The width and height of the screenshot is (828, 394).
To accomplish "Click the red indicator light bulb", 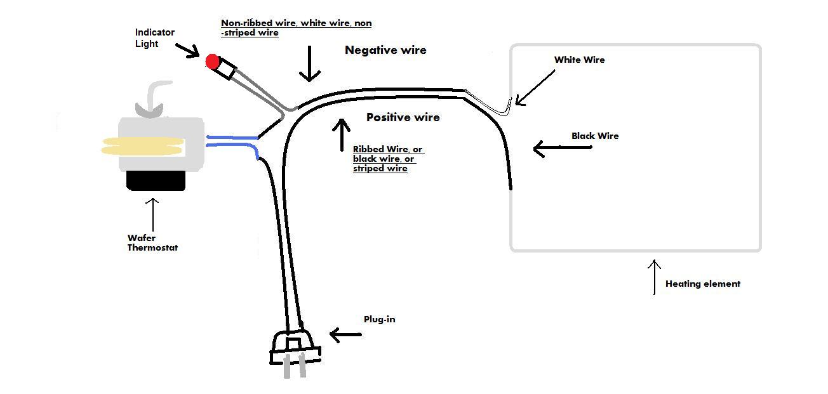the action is (x=212, y=62).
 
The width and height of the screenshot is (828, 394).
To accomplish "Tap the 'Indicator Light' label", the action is (x=154, y=38).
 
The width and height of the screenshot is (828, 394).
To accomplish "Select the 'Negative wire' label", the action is (x=385, y=50).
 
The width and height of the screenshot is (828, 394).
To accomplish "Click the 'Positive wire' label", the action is (x=403, y=117).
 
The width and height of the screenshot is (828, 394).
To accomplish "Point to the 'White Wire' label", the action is (x=579, y=60).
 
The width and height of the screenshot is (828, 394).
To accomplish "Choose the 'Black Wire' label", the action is (x=595, y=136).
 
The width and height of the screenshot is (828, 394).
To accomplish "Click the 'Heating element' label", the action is (x=703, y=284).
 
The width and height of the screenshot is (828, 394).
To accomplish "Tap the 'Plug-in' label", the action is (x=379, y=319).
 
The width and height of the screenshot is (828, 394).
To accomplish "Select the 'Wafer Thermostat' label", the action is (x=152, y=242).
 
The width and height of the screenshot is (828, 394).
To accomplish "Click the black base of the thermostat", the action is (x=156, y=181).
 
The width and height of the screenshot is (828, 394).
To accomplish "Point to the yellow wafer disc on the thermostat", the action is (x=143, y=146).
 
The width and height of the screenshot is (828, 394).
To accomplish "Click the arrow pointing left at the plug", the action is (x=345, y=335).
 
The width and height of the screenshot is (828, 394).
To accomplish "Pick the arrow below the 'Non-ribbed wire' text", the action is (x=309, y=63).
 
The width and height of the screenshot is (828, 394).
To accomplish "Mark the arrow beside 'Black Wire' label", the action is (x=562, y=148).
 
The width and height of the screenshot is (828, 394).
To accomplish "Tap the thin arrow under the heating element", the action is (x=654, y=277).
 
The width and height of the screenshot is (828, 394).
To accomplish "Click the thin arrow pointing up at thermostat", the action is (x=152, y=214).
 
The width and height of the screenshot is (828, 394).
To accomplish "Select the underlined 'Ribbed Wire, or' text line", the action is (x=387, y=149).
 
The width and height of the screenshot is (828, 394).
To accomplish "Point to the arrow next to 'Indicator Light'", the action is (x=187, y=51).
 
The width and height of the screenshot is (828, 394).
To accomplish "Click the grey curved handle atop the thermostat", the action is (x=152, y=100).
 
